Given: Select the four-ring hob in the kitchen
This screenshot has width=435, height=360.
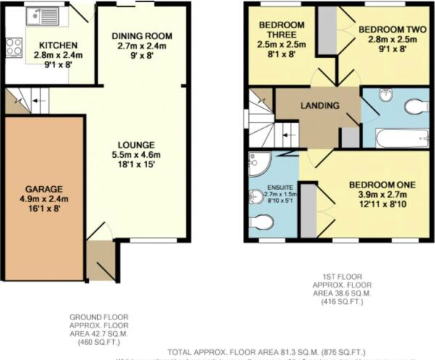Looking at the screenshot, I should pyautogui.click(x=14, y=48).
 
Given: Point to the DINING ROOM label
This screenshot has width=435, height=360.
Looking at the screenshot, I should pyautogui.click(x=142, y=35).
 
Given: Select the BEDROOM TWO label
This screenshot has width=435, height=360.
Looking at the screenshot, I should pyautogui.click(x=382, y=30).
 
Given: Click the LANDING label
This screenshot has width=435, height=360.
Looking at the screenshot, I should pyautogui.click(x=321, y=106).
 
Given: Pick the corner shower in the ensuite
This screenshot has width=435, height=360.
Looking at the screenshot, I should pyautogui.click(x=257, y=165).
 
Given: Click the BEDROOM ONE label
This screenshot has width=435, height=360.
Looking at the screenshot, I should pyautogui.click(x=381, y=185).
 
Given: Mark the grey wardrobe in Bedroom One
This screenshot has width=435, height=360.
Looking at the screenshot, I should pyautogui.click(x=308, y=210).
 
